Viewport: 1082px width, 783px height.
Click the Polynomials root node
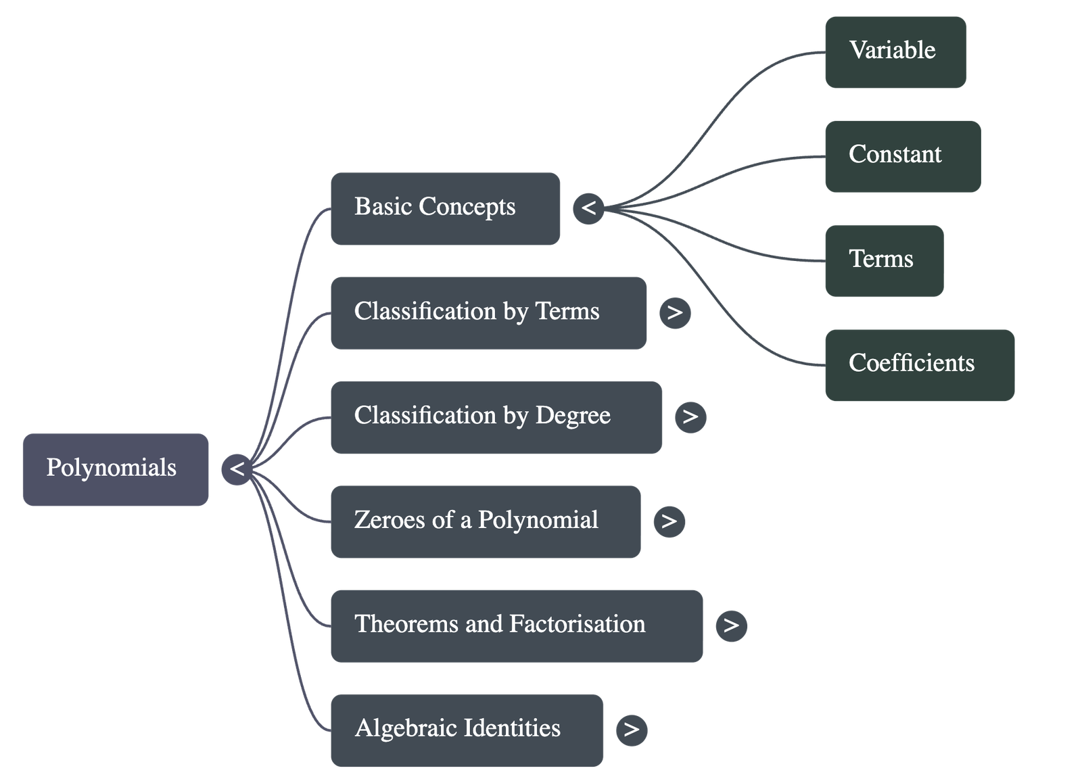pyautogui.click(x=116, y=469)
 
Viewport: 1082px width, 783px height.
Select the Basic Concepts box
pyautogui.click(x=445, y=208)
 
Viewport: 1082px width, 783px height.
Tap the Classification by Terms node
pyautogui.click(x=488, y=312)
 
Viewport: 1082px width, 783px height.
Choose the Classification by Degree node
pyautogui.click(x=496, y=417)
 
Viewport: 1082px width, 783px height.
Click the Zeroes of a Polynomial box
pyautogui.click(x=485, y=521)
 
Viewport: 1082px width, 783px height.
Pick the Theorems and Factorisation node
pyautogui.click(x=516, y=625)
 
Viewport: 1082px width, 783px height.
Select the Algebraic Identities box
pyautogui.click(x=467, y=730)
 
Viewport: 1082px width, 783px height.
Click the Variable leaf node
pyautogui.click(x=895, y=52)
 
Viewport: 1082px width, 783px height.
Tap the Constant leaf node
pyautogui.click(x=901, y=156)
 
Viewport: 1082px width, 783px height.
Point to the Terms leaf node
pyautogui.click(x=883, y=260)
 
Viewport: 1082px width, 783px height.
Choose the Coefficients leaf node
pyautogui.click(x=919, y=364)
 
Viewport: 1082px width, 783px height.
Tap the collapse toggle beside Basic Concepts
pyautogui.click(x=588, y=208)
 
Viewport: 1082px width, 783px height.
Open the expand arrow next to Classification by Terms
pyautogui.click(x=675, y=312)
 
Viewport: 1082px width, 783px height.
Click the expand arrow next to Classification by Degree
pyautogui.click(x=690, y=417)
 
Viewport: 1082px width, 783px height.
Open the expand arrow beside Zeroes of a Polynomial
pyautogui.click(x=669, y=521)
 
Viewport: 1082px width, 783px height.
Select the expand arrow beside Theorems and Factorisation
pyautogui.click(x=731, y=625)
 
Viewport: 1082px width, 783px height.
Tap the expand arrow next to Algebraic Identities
pyautogui.click(x=632, y=730)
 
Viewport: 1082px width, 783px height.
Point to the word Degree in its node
pyautogui.click(x=573, y=416)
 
